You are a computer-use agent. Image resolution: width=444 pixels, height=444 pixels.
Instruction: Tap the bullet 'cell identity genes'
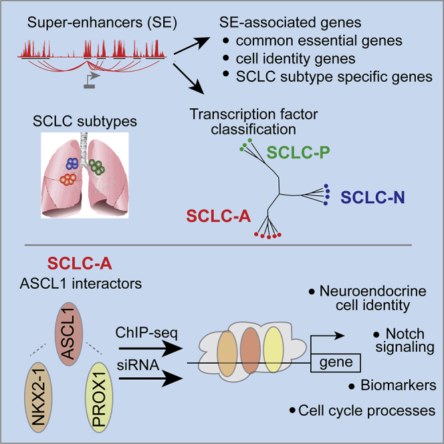click(288, 58)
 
